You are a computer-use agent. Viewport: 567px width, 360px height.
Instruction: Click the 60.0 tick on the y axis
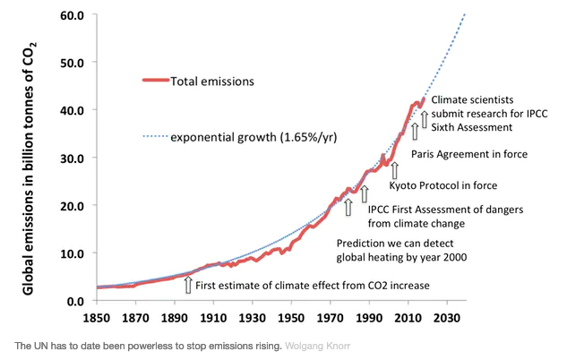click(72, 15)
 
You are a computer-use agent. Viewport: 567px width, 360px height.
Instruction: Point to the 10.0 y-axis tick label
click(72, 253)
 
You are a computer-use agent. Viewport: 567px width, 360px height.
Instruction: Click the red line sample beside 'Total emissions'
click(160, 81)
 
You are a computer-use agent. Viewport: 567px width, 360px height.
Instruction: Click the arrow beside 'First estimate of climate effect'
click(187, 285)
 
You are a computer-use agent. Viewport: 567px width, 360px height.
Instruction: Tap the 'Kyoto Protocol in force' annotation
click(442, 185)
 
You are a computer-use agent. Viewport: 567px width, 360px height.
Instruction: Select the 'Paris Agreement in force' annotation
click(469, 154)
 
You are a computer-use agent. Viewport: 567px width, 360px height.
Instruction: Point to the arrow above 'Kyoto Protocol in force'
click(395, 168)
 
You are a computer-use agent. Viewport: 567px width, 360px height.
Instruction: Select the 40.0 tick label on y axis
click(72, 110)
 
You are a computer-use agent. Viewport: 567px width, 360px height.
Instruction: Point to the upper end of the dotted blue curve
click(466, 13)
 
